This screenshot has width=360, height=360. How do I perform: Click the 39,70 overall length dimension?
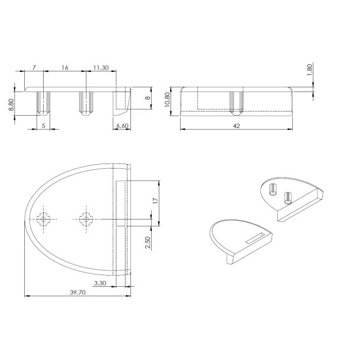pos(77,292)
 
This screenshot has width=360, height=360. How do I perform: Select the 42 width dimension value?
pos(236,126)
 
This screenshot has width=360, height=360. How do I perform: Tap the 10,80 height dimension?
pos(167,99)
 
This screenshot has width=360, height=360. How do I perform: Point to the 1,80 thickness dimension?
pos(309,70)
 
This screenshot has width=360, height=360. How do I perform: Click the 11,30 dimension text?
pos(101,67)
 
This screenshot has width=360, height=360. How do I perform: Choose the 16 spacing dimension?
pos(65,67)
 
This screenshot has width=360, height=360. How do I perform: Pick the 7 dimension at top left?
pos(34,67)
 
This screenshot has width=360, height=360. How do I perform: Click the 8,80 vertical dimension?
pos(11,104)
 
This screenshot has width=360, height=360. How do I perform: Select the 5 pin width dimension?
pos(44,126)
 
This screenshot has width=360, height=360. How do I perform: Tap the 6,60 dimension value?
pos(122,126)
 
